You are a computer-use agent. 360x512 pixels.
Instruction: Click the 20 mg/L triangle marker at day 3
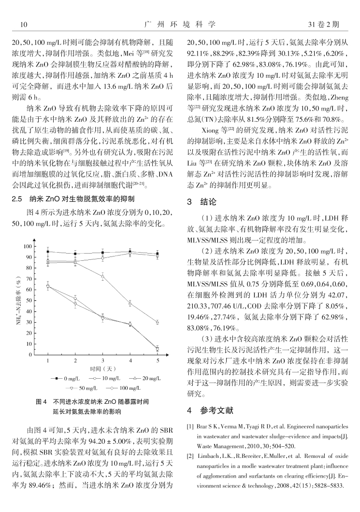pyautogui.click(x=103, y=276)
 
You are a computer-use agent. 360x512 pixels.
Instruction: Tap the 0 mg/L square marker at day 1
pyautogui.click(x=48, y=252)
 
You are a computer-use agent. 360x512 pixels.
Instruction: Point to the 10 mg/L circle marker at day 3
pyautogui.click(x=103, y=258)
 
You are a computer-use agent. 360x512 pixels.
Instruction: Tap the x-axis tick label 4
pyautogui.click(x=130, y=361)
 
